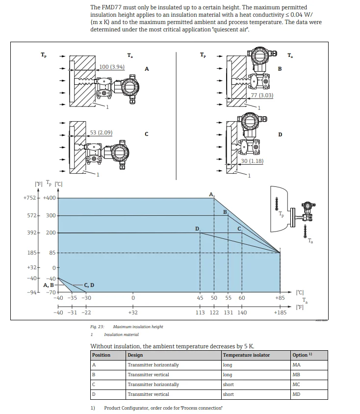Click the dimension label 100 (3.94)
point(112,67)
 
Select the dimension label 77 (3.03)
point(262,95)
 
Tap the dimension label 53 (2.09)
point(101,132)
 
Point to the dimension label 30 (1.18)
point(252,161)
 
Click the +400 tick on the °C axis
point(49,198)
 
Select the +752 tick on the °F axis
point(29,198)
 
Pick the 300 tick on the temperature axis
point(51,215)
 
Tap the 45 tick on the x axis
point(200,298)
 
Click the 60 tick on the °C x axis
point(242,298)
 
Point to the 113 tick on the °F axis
point(200,312)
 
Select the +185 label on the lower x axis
point(280,312)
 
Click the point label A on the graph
point(211,195)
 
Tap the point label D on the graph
point(197,229)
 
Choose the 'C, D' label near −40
point(89,285)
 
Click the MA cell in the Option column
point(296,365)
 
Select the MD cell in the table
point(296,394)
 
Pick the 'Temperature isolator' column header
point(246,355)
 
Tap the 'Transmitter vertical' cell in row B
point(148,375)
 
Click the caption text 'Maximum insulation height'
point(138,327)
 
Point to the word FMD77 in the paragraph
point(109,7)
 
